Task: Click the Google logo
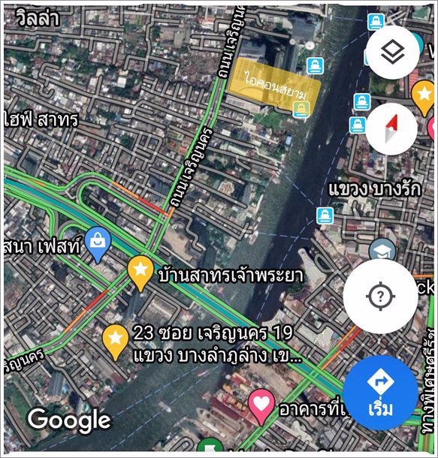point(69,420)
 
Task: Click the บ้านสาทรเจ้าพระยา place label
point(231,276)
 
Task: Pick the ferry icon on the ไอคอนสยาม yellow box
point(302,110)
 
